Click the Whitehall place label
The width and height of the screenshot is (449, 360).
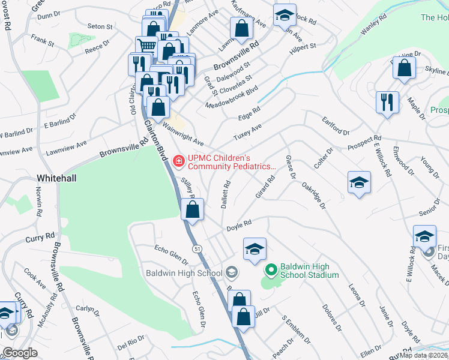click(56, 179)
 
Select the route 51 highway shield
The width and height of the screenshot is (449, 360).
click(196, 248)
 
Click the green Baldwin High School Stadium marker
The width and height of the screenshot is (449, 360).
click(270, 271)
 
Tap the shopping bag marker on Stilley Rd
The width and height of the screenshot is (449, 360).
click(192, 210)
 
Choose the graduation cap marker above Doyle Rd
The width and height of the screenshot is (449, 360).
click(255, 248)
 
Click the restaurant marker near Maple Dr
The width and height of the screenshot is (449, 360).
click(387, 101)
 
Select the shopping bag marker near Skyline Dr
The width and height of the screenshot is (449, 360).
click(404, 67)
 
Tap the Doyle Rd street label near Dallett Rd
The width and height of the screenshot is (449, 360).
click(239, 226)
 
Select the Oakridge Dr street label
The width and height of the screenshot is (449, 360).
click(314, 196)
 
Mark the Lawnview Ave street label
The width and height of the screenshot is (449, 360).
click(67, 146)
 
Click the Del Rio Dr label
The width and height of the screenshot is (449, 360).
click(131, 344)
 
